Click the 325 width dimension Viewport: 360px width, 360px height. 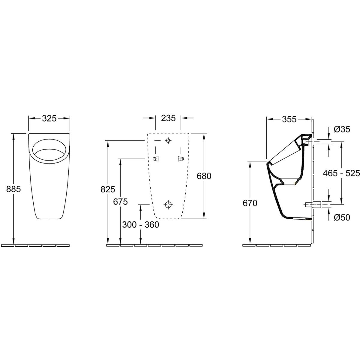tap(49, 118)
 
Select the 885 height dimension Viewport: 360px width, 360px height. tap(13, 189)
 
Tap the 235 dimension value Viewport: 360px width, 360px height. tap(168, 118)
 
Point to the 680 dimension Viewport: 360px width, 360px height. tap(204, 176)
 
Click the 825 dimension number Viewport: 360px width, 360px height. tap(108, 189)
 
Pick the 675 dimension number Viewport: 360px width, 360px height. tap(121, 202)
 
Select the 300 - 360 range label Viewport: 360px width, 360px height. tap(141, 225)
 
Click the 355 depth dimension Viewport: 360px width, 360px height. tap(289, 119)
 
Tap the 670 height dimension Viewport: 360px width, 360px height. tap(250, 203)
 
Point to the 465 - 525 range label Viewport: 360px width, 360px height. tap(341, 173)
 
